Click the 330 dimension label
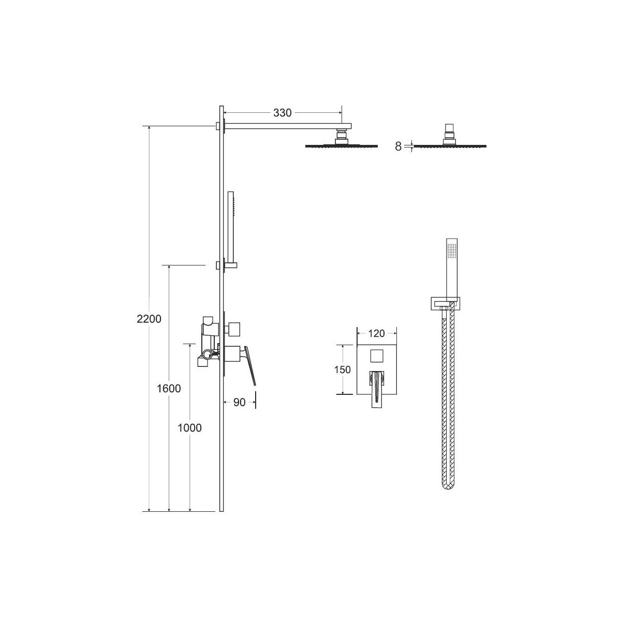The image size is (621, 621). tap(282, 113)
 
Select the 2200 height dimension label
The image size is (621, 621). tap(149, 319)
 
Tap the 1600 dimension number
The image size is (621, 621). tap(169, 389)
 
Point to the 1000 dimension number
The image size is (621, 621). tap(189, 428)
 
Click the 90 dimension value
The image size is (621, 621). tap(239, 402)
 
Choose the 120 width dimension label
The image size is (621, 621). tap(376, 333)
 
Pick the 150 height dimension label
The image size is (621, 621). tap(342, 369)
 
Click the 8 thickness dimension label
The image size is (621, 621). tap(398, 146)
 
